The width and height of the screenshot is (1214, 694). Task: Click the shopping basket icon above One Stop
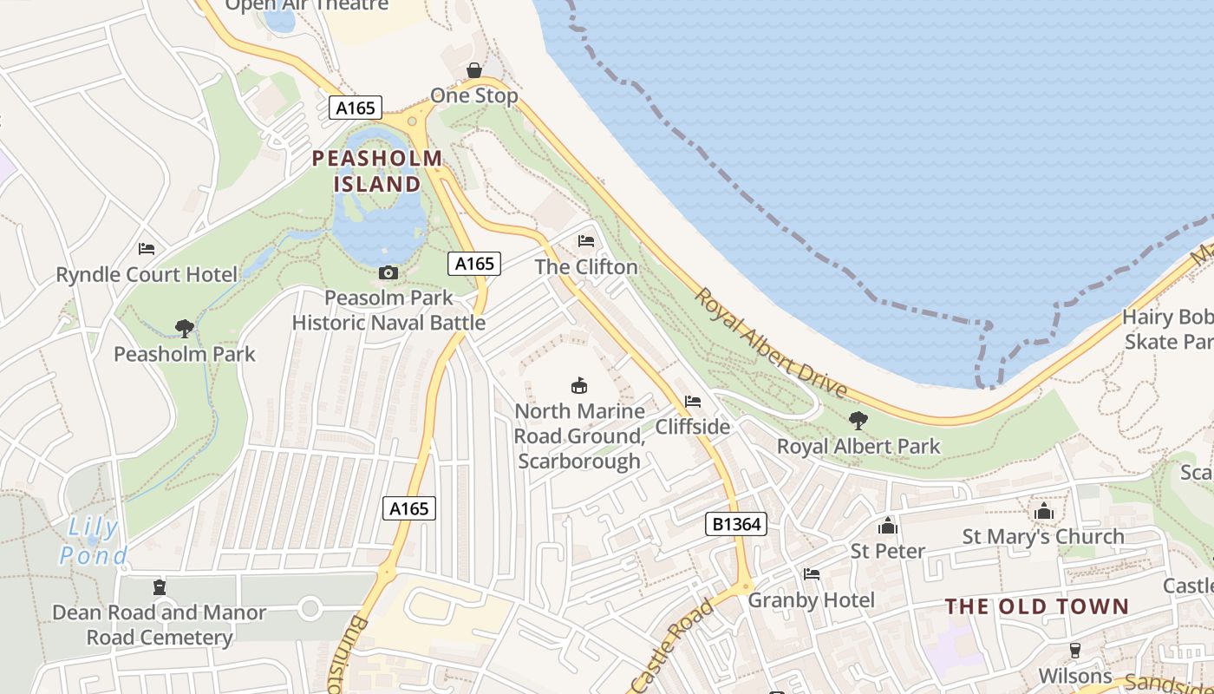coord(474,70)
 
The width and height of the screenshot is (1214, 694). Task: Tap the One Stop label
coord(474,95)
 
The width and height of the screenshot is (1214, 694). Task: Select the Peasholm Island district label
coord(377,171)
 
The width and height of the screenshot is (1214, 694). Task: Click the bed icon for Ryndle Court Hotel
coord(147,249)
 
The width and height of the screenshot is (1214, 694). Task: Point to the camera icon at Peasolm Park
coord(388,273)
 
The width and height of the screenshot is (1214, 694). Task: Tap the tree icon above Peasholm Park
coord(184,329)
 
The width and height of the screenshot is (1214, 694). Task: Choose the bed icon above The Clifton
coord(586,241)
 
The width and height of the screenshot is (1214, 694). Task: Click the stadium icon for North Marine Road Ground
coord(578,385)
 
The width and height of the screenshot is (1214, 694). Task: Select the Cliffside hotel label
coord(692,426)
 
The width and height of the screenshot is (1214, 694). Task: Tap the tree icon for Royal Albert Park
coord(858,422)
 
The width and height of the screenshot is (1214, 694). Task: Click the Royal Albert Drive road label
coord(769,343)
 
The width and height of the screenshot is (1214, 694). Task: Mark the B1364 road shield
coord(735,523)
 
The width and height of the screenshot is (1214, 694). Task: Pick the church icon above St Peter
coord(887,526)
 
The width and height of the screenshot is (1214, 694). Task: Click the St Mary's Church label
coord(1043,536)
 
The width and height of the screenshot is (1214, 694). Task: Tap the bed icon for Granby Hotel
coord(812,574)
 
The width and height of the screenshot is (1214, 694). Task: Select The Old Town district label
coord(1037,606)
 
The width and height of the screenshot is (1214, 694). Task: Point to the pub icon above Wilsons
coord(1075,651)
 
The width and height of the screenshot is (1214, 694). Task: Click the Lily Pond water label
coord(94,540)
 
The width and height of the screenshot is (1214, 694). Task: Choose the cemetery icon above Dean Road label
coord(159,588)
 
